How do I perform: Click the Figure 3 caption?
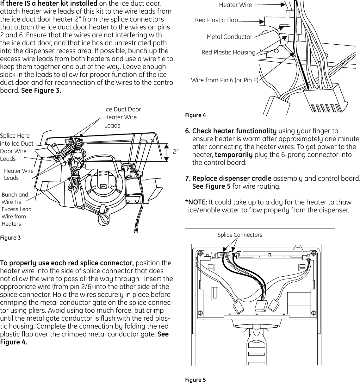click(10, 237)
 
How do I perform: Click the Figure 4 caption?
click(195, 115)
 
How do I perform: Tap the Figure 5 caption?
click(195, 380)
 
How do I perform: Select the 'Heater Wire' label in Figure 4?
click(235, 5)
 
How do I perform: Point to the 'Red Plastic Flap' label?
click(216, 20)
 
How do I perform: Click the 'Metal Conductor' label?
click(229, 37)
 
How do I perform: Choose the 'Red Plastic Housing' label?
click(228, 52)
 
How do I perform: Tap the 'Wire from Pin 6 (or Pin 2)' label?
click(225, 80)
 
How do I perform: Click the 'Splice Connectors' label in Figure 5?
click(240, 235)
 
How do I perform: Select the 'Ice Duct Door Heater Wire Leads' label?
click(122, 117)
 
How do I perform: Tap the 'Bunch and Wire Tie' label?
click(15, 198)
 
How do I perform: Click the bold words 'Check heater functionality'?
click(234, 131)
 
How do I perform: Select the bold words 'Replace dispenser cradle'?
click(232, 178)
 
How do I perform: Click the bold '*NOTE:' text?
click(196, 202)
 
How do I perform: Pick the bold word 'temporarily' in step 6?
click(233, 155)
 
